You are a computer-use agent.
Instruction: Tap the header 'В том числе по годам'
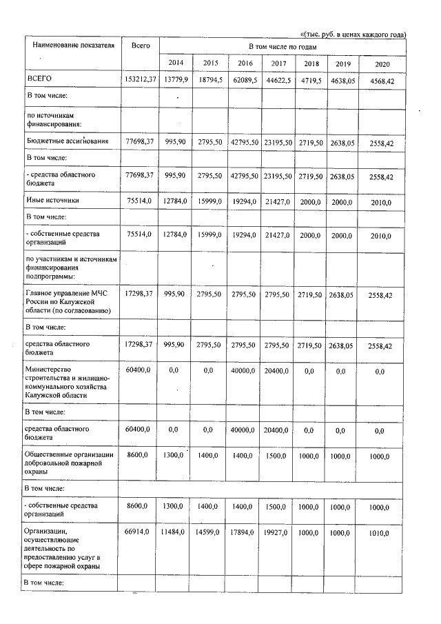[x=282, y=46]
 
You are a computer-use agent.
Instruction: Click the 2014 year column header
[x=176, y=63]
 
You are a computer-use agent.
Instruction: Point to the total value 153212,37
[x=141, y=80]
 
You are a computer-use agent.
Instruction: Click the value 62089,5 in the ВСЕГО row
[x=245, y=80]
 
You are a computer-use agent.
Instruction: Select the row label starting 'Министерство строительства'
[x=65, y=383]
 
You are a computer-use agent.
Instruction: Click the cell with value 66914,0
[x=141, y=532]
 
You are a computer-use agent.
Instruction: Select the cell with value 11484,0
[x=176, y=532]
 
